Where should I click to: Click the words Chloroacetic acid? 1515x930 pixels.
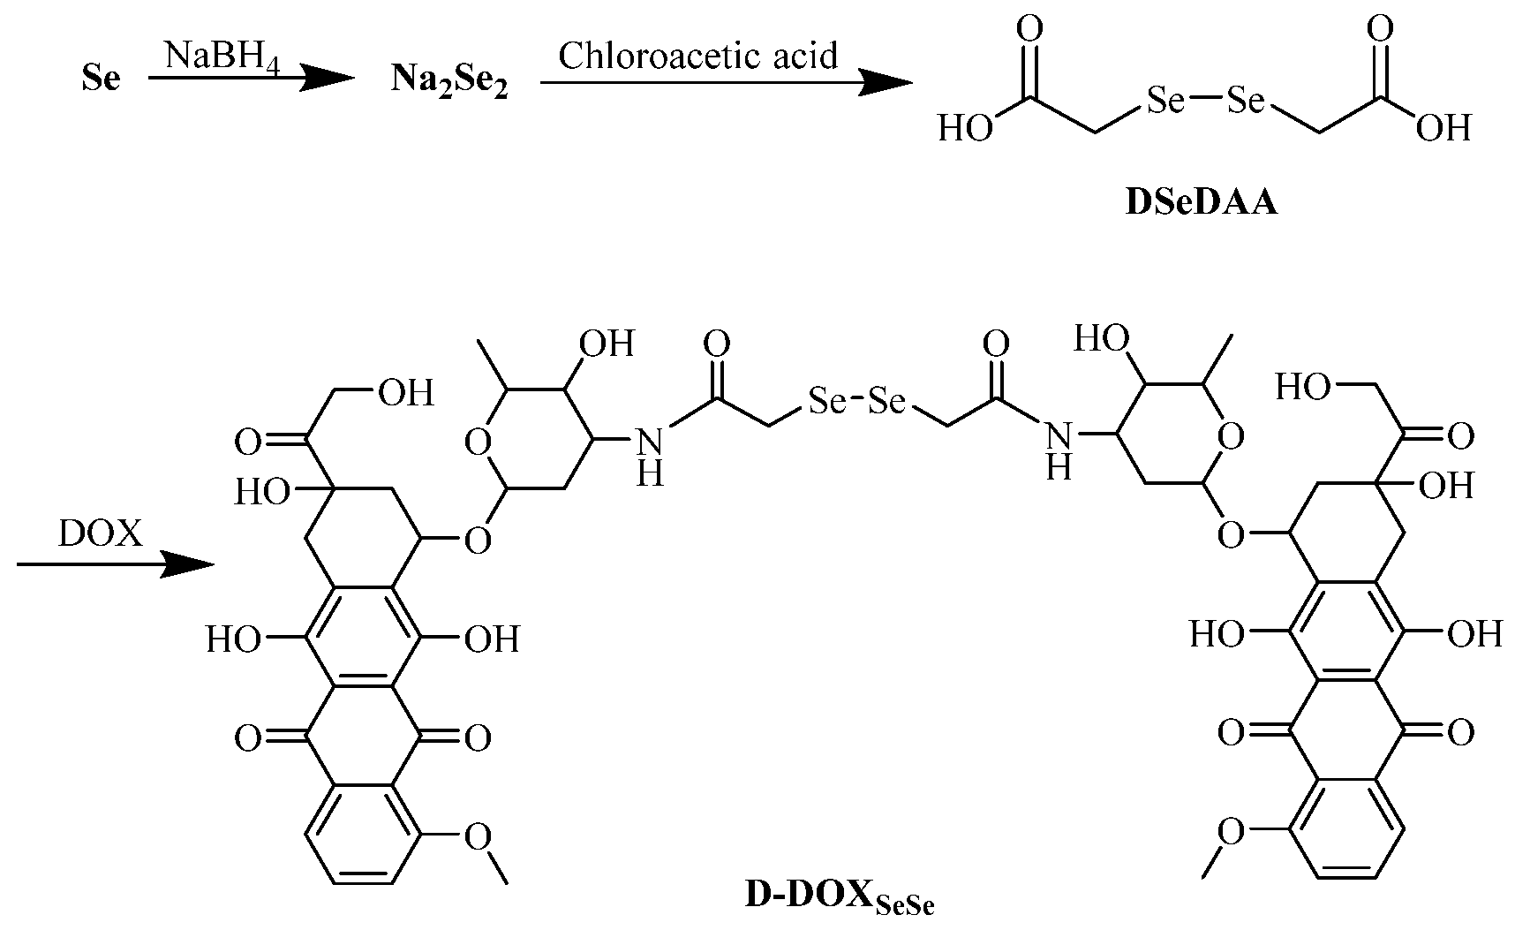[697, 57]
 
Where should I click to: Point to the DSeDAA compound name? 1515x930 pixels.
[1202, 204]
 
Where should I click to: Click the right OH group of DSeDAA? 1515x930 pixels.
[1443, 129]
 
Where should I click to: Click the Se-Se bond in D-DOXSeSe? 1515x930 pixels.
[855, 403]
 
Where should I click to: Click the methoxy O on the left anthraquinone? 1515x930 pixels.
[478, 835]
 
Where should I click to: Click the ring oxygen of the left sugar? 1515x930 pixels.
[478, 441]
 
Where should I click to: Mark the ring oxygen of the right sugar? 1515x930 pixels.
[1231, 436]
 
